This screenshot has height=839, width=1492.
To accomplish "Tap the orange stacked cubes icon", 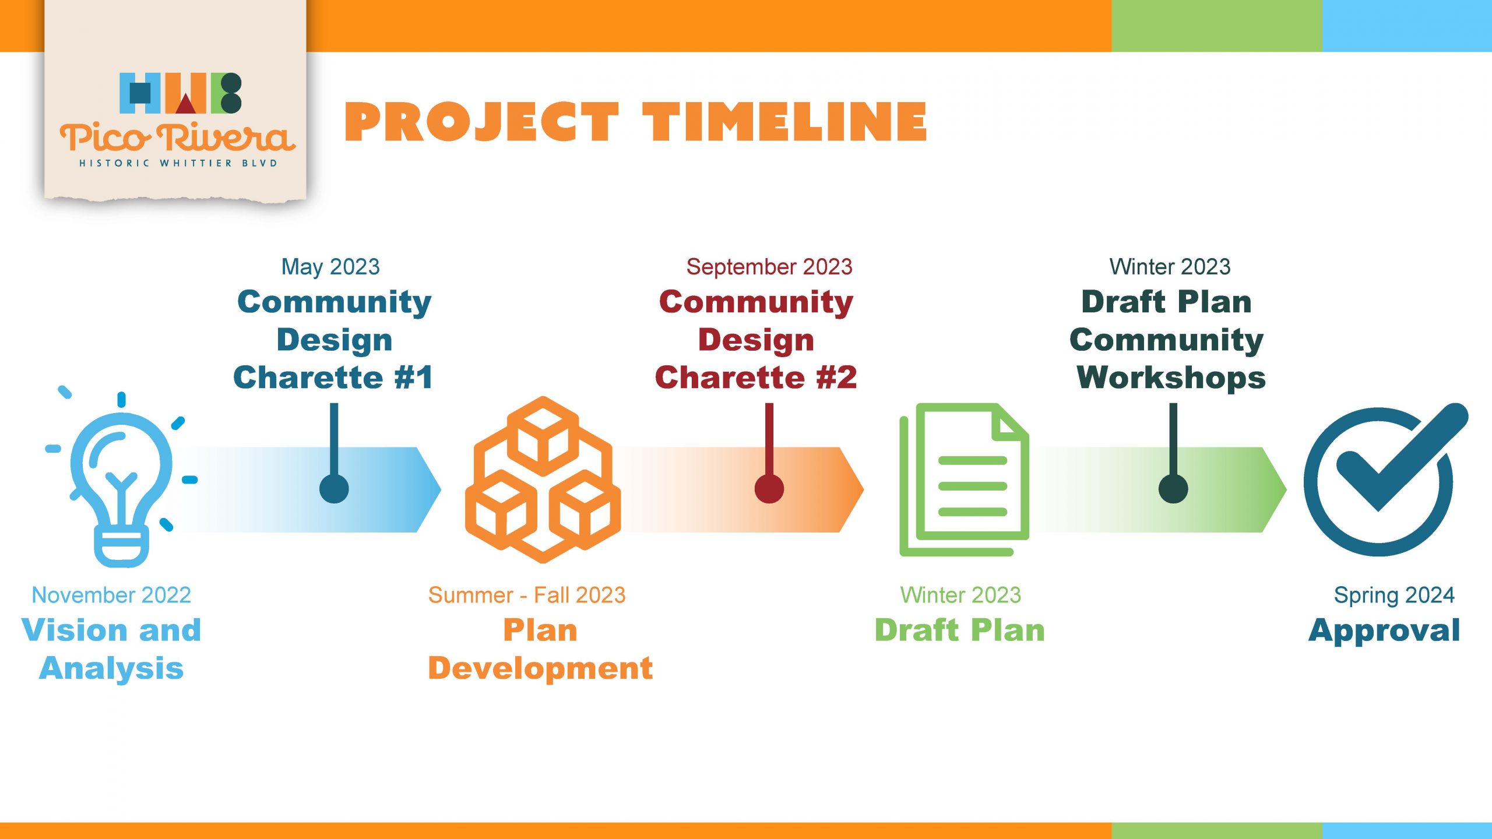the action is (x=543, y=480).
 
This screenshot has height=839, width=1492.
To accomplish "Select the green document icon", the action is (x=965, y=480).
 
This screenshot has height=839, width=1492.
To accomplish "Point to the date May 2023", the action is (x=330, y=267).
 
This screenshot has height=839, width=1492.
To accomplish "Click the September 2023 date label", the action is (x=769, y=267).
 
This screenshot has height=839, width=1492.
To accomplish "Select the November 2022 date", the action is (x=111, y=595).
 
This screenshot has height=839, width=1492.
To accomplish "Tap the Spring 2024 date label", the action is (x=1394, y=595).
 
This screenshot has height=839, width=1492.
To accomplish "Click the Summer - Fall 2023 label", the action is (x=527, y=595).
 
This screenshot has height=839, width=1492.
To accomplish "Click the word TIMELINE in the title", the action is (x=784, y=122).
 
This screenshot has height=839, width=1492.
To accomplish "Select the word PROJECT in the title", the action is (x=481, y=122).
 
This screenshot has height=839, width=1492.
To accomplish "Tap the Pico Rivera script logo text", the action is (x=177, y=137).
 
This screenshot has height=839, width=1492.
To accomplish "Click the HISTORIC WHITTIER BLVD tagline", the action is (x=178, y=163).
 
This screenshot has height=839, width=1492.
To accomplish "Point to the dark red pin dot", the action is (x=769, y=488).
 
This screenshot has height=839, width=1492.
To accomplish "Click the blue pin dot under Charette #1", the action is (x=334, y=488).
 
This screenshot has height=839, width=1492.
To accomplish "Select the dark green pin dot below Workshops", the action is (x=1173, y=488).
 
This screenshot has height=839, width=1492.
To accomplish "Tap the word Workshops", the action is (x=1171, y=378).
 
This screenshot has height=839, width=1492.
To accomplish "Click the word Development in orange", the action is (x=540, y=668).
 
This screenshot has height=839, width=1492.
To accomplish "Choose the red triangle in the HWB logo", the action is (x=185, y=103).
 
